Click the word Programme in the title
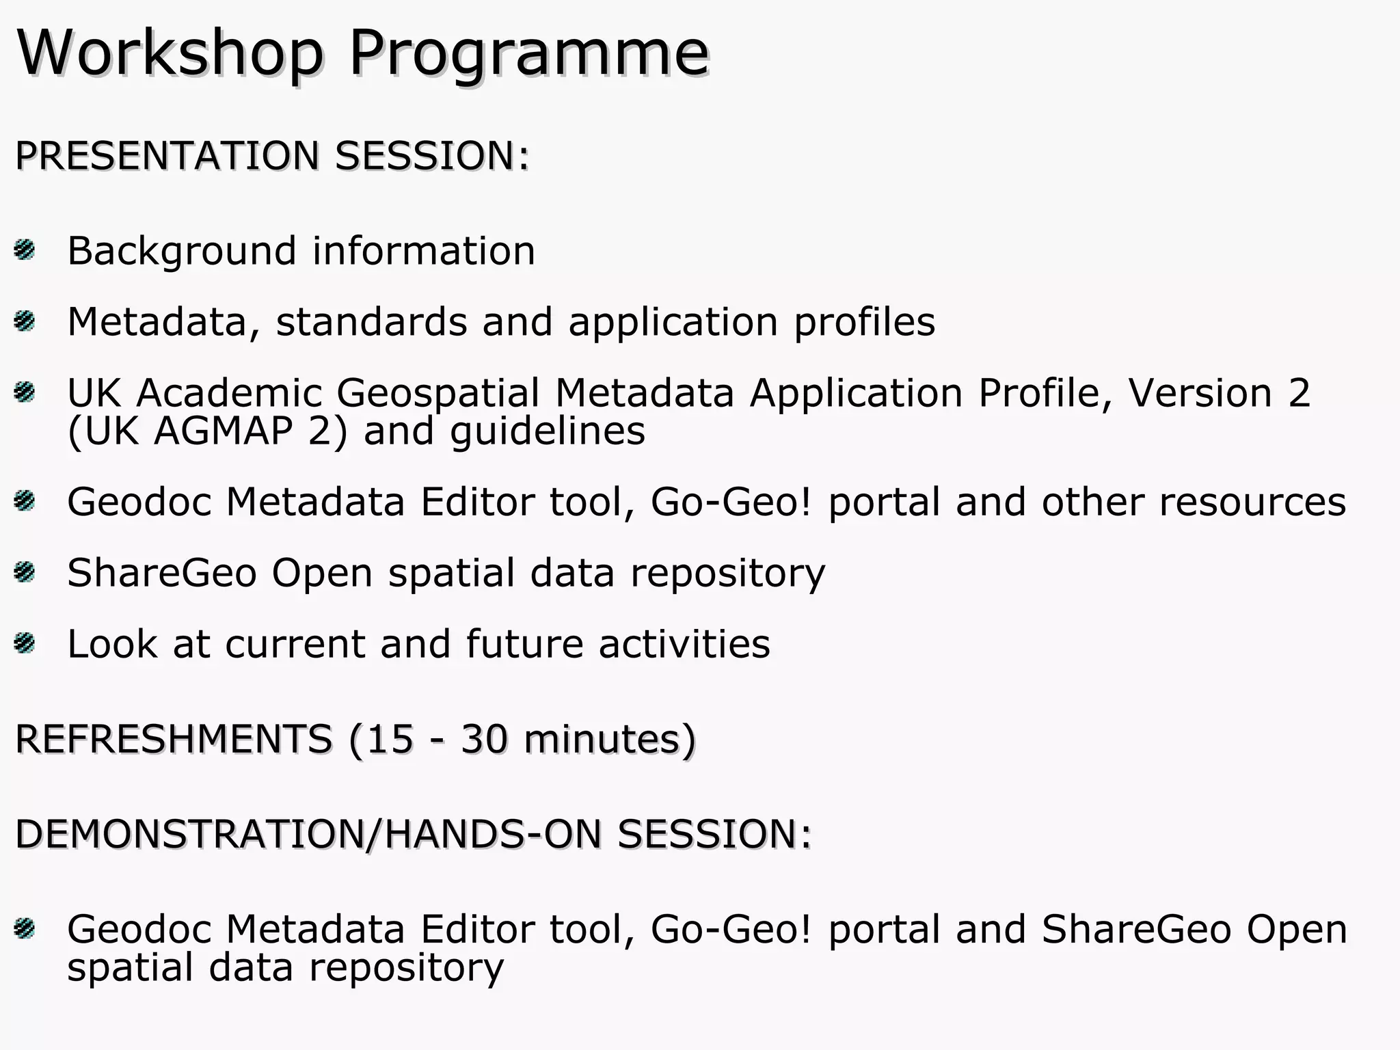pyautogui.click(x=529, y=53)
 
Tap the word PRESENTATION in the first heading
pyautogui.click(x=167, y=155)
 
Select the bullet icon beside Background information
pyautogui.click(x=24, y=250)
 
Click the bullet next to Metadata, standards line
pyautogui.click(x=24, y=321)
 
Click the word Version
pyautogui.click(x=1200, y=393)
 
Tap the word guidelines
pyautogui.click(x=548, y=431)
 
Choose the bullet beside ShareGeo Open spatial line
pyautogui.click(x=24, y=571)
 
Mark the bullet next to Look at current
pyautogui.click(x=24, y=643)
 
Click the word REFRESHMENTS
pyautogui.click(x=174, y=739)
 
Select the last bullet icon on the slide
pyautogui.click(x=24, y=928)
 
